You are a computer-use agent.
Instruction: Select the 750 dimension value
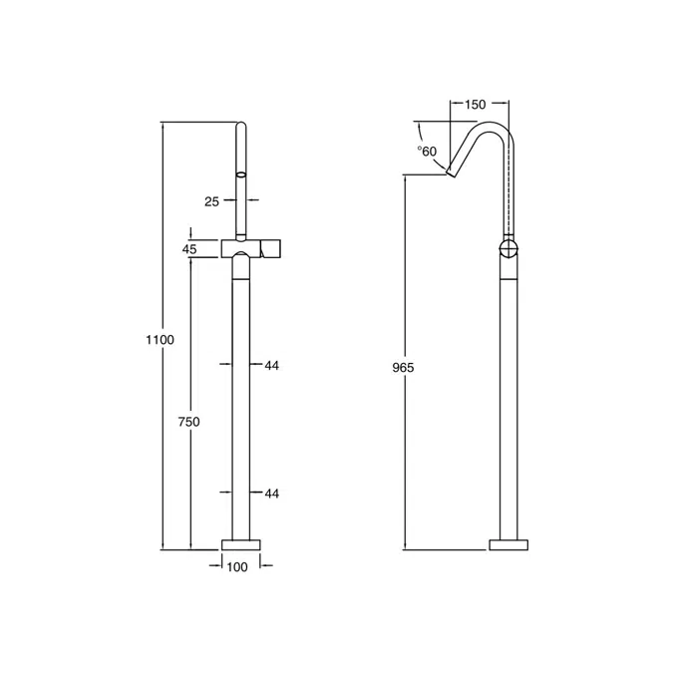pos(188,422)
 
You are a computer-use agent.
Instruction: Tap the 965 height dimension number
pos(403,368)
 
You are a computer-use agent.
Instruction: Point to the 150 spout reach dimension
pos(475,105)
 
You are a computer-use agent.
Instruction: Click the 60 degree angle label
pos(428,152)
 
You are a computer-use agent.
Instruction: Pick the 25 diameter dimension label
pos(211,201)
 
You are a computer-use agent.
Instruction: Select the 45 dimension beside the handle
pos(189,248)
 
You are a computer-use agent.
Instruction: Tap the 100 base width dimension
pos(237,567)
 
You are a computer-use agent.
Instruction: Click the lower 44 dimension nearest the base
pos(271,494)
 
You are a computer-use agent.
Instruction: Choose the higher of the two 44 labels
pos(271,366)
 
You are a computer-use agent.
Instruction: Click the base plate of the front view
pos(239,544)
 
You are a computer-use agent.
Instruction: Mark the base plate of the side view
pos(509,544)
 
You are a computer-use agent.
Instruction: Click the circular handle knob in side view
pos(508,249)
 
